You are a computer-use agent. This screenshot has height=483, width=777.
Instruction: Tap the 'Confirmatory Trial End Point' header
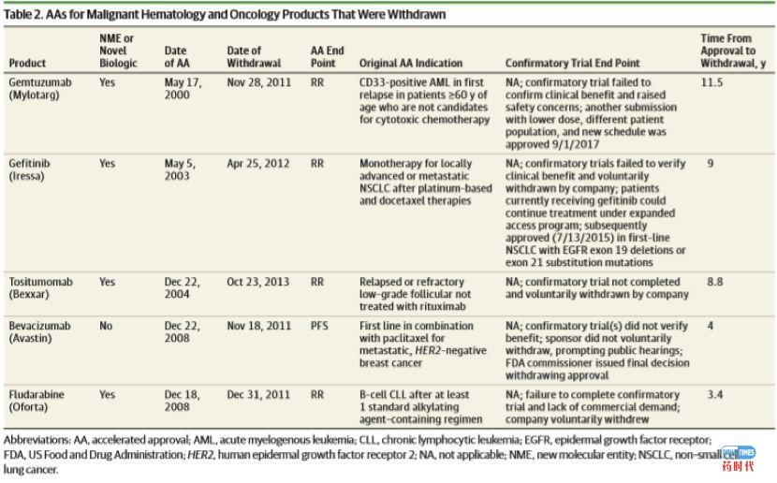[572, 64]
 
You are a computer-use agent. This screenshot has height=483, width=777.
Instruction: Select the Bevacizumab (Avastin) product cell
[39, 332]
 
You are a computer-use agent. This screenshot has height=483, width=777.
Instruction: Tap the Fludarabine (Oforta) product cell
[37, 402]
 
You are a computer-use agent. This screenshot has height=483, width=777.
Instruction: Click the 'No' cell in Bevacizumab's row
[106, 327]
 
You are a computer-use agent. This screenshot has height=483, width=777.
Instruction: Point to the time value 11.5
[715, 83]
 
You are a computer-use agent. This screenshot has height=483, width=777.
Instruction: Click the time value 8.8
[714, 282]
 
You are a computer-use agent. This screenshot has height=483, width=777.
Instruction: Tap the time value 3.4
[714, 396]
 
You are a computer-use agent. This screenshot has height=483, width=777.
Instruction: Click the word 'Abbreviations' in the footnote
[34, 439]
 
